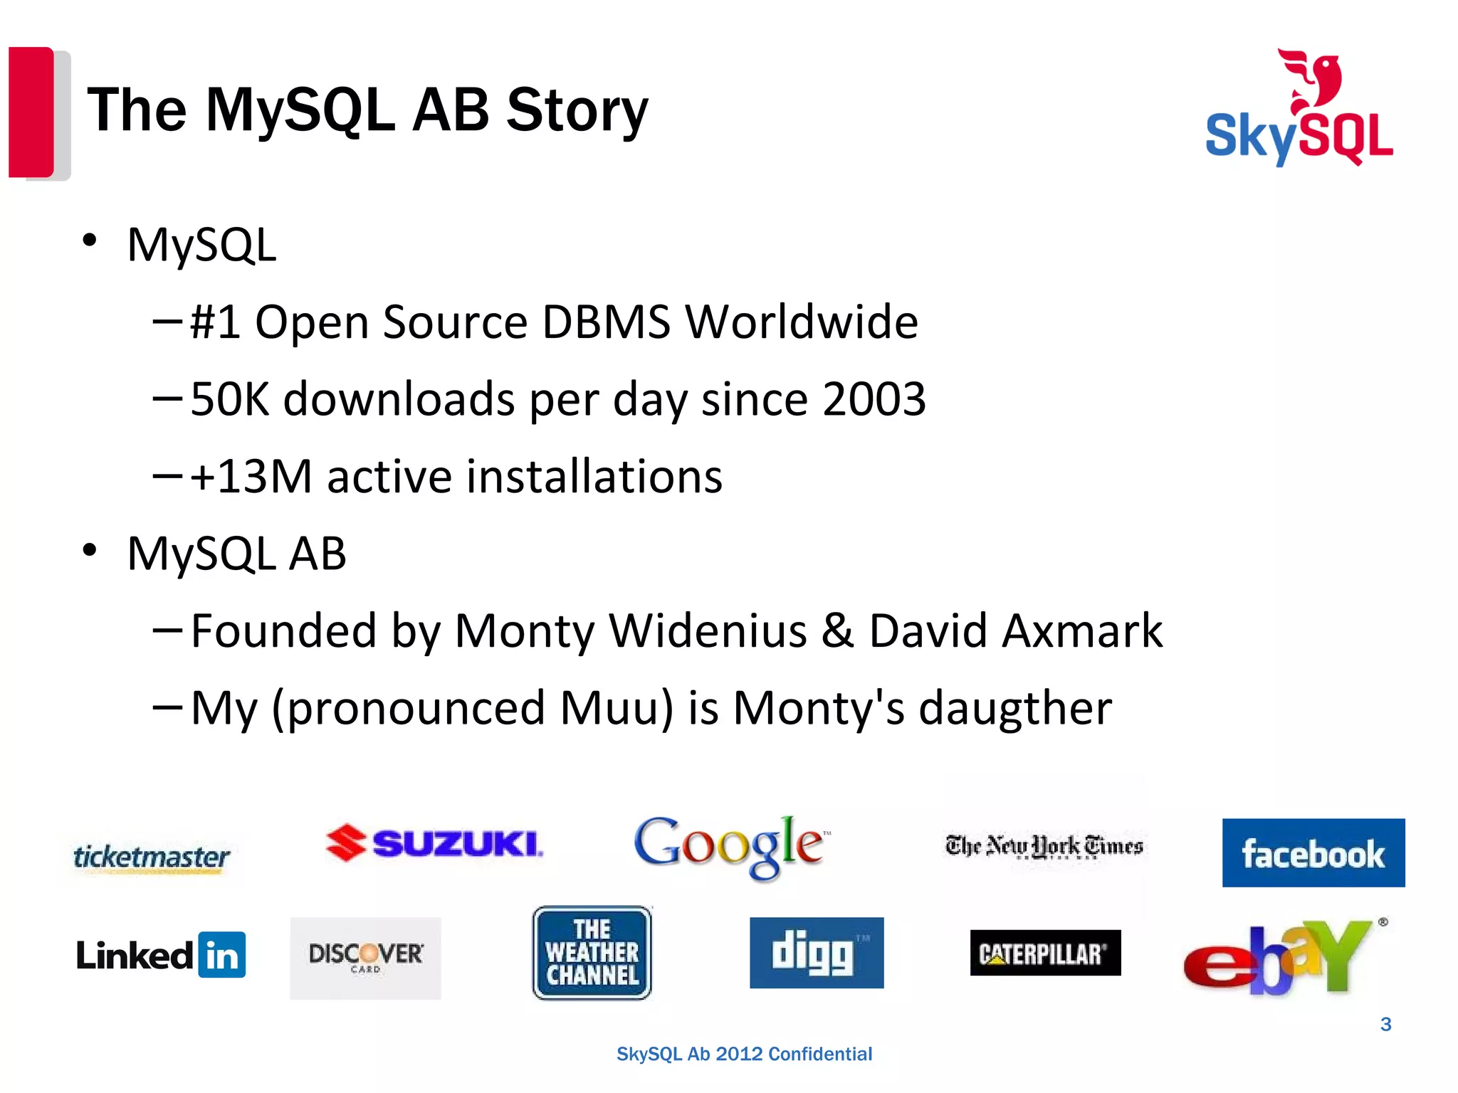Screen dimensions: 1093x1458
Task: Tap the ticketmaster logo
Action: (152, 856)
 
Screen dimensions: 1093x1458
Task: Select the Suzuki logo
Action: (434, 843)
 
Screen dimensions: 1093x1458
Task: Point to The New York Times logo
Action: (1044, 846)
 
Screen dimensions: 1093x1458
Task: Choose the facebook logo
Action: (1313, 853)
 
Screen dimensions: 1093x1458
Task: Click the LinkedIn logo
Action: (161, 955)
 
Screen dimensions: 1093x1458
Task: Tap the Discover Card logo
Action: (366, 957)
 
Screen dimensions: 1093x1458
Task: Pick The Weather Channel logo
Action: (592, 953)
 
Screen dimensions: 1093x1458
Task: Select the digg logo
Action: (817, 953)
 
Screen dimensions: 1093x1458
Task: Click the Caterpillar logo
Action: (1045, 953)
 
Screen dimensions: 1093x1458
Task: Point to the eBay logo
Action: (1278, 957)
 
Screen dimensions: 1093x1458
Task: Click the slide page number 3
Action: (1385, 1024)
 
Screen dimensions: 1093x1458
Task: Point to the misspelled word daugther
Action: (1014, 708)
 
